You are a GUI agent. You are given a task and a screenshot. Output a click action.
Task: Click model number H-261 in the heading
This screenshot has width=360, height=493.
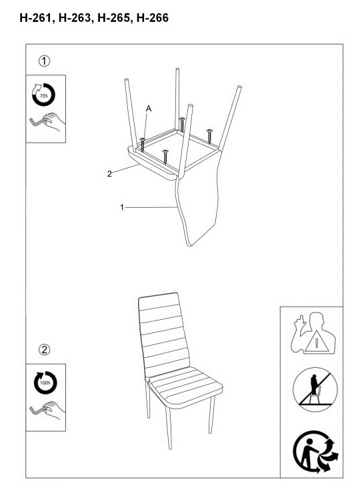click(34, 18)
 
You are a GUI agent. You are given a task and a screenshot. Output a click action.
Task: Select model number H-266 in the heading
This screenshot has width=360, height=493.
click(153, 18)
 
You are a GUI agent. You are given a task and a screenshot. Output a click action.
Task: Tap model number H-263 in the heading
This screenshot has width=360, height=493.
click(74, 18)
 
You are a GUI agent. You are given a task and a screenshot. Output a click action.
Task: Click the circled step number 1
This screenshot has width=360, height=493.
click(45, 61)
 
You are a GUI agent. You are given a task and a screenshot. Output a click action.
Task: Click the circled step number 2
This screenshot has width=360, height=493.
click(45, 349)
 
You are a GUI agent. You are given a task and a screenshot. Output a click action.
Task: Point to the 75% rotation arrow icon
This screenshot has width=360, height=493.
click(44, 95)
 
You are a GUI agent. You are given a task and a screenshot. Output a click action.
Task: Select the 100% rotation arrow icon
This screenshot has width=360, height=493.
click(45, 382)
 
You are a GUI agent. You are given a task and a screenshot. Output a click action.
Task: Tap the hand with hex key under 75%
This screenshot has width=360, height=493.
click(47, 122)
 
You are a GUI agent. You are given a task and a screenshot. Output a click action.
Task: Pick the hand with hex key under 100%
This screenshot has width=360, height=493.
click(47, 410)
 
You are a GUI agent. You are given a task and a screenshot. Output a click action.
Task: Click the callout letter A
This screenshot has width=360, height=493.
click(149, 109)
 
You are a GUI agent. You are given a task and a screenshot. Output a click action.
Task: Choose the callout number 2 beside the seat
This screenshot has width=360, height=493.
click(109, 174)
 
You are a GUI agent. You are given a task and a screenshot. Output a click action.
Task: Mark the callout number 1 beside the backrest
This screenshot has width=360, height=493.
click(122, 207)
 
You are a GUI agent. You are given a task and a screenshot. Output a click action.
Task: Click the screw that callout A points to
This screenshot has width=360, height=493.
click(143, 145)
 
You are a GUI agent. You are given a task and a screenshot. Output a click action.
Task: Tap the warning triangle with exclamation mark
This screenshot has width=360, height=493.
click(317, 342)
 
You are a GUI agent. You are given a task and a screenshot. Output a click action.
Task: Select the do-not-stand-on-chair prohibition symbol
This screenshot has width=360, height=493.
click(315, 390)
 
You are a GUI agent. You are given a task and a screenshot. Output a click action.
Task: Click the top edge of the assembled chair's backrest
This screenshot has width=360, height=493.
click(158, 295)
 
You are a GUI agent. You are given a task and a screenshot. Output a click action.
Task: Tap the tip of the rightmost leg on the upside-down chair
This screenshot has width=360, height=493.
click(240, 87)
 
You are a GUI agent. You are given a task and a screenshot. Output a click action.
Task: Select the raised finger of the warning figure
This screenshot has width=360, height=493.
click(301, 319)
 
